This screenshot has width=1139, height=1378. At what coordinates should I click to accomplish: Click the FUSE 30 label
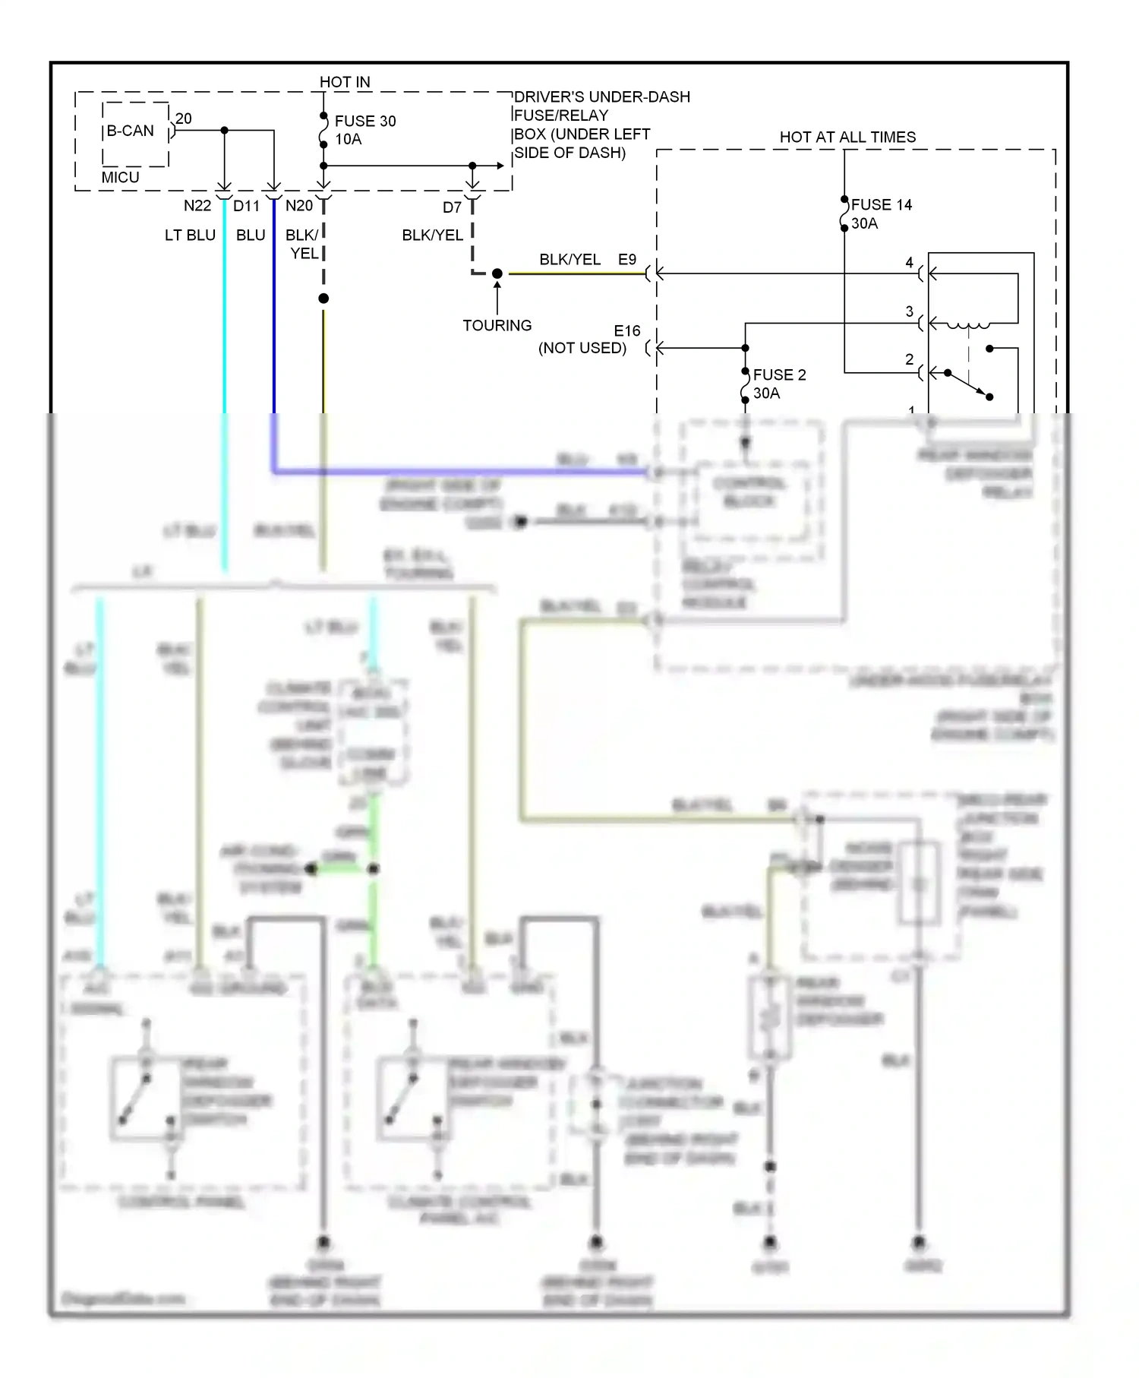point(364,122)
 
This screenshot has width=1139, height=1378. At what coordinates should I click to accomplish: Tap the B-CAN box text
point(130,131)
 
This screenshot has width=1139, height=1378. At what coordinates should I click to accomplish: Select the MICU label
point(120,177)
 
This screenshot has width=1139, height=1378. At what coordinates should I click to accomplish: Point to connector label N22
point(197,206)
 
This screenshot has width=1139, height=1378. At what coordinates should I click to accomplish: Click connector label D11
point(246,206)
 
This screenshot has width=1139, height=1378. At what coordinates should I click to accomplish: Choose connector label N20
point(299,206)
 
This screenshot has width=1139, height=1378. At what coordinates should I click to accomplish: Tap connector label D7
point(452,207)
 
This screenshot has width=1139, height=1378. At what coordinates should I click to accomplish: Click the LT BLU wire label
point(190,235)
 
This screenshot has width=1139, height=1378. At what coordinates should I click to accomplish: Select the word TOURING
point(497,325)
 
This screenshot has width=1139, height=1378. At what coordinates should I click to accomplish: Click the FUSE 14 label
point(881,205)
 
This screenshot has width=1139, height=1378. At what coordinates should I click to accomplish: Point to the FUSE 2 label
point(779,375)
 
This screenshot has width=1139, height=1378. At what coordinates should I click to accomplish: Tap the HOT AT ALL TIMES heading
point(847,137)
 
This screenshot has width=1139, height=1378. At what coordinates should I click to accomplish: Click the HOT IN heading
point(345,82)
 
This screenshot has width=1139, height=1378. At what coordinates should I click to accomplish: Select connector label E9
point(626,260)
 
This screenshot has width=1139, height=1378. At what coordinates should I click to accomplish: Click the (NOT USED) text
point(582,348)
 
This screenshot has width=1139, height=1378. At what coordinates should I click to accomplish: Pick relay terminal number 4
point(909,263)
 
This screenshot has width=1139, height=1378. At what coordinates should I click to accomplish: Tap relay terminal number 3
point(909,311)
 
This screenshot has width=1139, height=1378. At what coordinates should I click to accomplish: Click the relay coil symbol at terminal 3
point(969,325)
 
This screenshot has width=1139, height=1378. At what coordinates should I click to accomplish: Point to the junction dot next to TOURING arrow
point(497,273)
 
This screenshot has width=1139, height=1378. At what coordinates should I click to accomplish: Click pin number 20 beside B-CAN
point(184,119)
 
